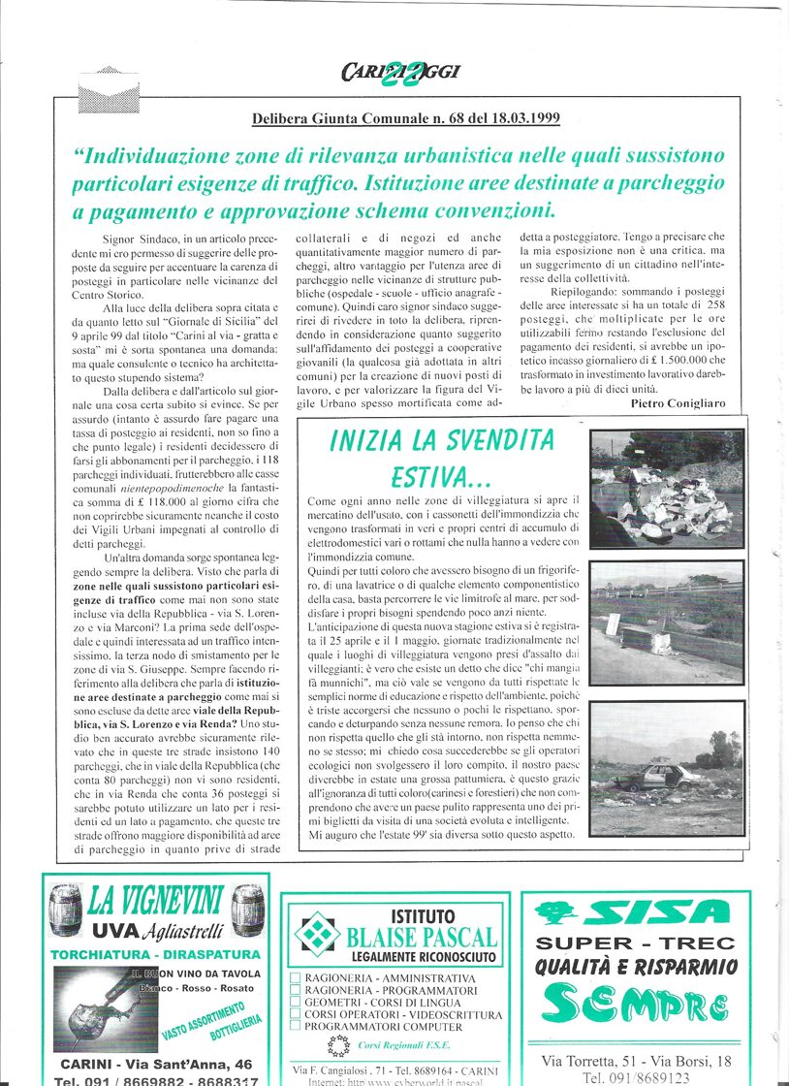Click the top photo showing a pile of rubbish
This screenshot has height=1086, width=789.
click(x=666, y=488)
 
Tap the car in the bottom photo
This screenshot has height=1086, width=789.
click(x=658, y=778)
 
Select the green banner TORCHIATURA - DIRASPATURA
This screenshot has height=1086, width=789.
click(x=155, y=954)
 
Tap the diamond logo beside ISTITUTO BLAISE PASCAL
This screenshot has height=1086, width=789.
click(x=316, y=932)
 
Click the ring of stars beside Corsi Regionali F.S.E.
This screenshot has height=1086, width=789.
click(x=338, y=1045)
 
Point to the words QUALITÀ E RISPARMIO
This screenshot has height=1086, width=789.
click(x=636, y=967)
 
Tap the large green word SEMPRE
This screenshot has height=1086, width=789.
click(x=635, y=1005)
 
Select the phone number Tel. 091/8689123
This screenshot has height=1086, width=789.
click(x=636, y=1077)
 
